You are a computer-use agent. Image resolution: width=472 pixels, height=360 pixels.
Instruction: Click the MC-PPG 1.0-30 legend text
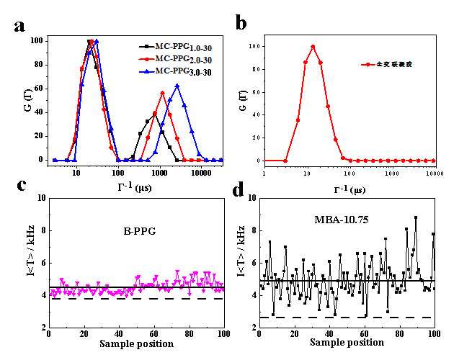[184, 48]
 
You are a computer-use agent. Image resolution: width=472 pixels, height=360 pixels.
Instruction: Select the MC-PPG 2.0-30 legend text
[184, 60]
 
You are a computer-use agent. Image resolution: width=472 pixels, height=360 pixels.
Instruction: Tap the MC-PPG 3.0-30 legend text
[184, 72]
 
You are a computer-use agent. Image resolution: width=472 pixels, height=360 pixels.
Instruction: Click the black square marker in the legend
[146, 48]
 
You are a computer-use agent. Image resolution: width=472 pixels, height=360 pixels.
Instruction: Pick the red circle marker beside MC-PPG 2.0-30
[146, 60]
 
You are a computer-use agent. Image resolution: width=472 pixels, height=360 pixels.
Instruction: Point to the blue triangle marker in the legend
[146, 72]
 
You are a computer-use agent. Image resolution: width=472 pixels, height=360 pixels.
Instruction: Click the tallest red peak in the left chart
[92, 42]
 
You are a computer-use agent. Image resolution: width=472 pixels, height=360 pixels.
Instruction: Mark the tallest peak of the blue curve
[97, 42]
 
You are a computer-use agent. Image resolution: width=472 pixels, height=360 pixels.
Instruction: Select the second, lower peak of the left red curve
[163, 93]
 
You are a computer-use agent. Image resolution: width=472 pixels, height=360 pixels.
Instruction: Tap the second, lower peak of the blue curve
[177, 86]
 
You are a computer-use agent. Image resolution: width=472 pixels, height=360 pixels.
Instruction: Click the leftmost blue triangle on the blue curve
[55, 160]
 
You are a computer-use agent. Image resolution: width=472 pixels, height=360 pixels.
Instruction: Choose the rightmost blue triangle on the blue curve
[221, 160]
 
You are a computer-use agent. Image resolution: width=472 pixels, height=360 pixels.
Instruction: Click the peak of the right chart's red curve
[313, 46]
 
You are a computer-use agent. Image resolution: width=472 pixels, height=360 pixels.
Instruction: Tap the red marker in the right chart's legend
[368, 64]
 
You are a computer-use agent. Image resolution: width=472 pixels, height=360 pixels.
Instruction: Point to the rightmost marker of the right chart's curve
[433, 160]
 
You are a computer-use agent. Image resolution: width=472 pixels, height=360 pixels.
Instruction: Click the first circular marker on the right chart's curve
[286, 160]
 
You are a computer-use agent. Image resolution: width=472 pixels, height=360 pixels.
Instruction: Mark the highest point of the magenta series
[177, 271]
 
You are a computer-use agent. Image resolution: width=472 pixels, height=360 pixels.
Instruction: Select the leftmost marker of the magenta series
[51, 292]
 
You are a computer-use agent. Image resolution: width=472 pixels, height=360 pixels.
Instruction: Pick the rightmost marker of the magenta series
[223, 289]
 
